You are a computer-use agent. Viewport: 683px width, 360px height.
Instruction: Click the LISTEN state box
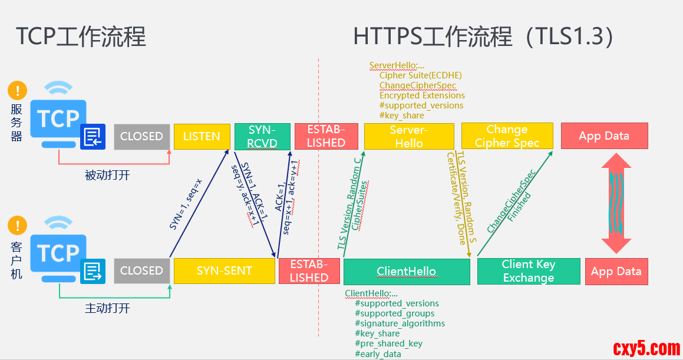tap(202, 136)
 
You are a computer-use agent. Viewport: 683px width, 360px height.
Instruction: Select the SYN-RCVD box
tap(262, 137)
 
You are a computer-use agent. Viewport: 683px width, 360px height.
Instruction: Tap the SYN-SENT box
tap(224, 271)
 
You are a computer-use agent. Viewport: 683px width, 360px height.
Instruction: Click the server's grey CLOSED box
tap(141, 136)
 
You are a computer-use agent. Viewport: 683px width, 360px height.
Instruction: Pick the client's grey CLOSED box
tap(141, 271)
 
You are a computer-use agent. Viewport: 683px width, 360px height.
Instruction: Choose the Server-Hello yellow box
tap(409, 136)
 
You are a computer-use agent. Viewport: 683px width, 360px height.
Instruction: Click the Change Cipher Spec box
tap(507, 136)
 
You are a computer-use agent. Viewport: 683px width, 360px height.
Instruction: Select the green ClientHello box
tap(407, 272)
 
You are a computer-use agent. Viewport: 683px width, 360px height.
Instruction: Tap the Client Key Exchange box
tap(528, 271)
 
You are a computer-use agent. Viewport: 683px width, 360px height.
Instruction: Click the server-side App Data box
tap(604, 136)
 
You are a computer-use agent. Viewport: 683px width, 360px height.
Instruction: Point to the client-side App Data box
tap(616, 272)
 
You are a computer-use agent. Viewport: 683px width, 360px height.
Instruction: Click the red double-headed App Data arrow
tap(616, 203)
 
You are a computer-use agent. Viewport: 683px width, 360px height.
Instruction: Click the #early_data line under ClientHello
tap(378, 354)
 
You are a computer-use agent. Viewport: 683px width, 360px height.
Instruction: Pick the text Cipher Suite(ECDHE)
tap(420, 75)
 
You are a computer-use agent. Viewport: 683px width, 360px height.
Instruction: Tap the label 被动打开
tap(107, 175)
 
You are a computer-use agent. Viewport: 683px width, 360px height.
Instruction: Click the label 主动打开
tap(107, 308)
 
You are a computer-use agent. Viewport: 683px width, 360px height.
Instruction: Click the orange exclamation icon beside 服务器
tap(18, 91)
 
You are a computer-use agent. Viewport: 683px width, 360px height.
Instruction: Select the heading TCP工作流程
tap(81, 37)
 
